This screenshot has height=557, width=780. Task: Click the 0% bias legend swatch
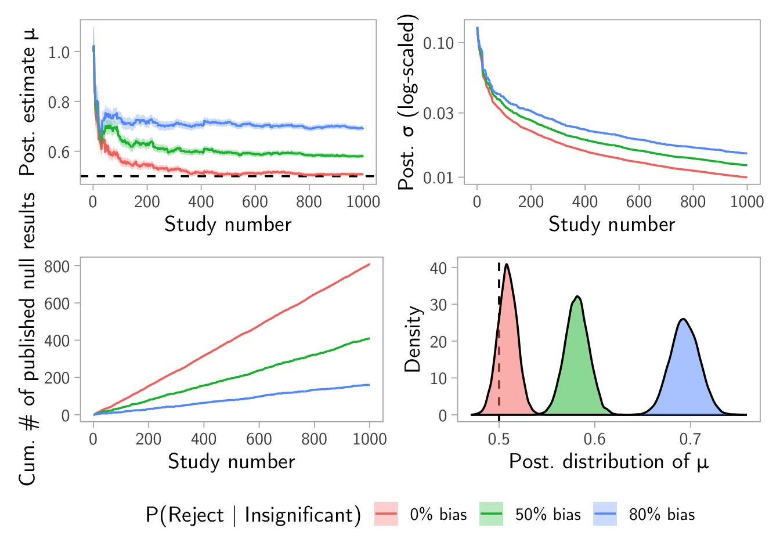pyautogui.click(x=387, y=514)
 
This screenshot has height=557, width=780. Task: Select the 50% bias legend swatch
pyautogui.click(x=491, y=514)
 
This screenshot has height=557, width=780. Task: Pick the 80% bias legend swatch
pyautogui.click(x=605, y=514)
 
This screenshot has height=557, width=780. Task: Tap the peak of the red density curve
pyautogui.click(x=507, y=265)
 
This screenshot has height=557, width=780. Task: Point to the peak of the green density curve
pyautogui.click(x=577, y=296)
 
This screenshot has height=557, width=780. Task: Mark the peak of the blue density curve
pyautogui.click(x=684, y=319)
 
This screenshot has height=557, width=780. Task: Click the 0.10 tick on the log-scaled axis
pyautogui.click(x=443, y=43)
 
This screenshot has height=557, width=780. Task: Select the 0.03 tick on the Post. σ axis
pyautogui.click(x=443, y=113)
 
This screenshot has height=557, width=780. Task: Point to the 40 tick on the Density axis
pyautogui.click(x=438, y=267)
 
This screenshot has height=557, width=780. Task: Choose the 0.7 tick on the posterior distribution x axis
pyautogui.click(x=690, y=439)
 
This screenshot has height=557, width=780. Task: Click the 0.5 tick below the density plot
pyautogui.click(x=499, y=439)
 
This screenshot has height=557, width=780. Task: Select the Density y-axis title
pyautogui.click(x=413, y=339)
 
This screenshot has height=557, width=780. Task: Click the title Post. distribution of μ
pyautogui.click(x=609, y=462)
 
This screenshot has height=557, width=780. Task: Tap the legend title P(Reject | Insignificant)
pyautogui.click(x=253, y=515)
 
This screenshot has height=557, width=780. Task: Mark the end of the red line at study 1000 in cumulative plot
pyautogui.click(x=369, y=265)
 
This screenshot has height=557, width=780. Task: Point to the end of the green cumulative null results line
pyautogui.click(x=369, y=338)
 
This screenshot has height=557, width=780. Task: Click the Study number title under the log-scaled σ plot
pyautogui.click(x=612, y=225)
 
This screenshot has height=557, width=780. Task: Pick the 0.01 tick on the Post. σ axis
pyautogui.click(x=443, y=178)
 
